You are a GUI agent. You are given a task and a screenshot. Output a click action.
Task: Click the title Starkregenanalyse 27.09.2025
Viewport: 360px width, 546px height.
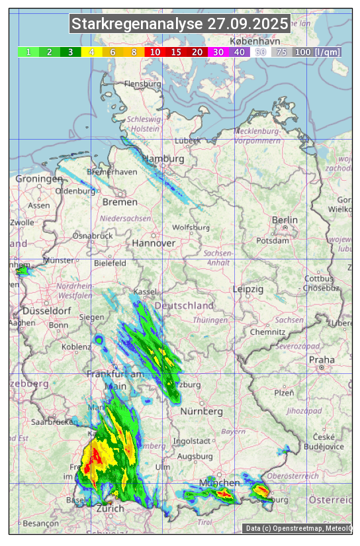click(180, 24)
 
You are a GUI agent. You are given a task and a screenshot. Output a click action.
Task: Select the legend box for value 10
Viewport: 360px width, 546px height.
click(155, 52)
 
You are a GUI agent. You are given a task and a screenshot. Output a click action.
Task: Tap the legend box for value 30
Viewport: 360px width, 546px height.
click(218, 52)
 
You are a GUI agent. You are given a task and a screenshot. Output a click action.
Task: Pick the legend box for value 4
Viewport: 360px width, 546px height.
click(92, 52)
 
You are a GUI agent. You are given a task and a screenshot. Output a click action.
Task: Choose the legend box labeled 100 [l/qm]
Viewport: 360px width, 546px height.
click(317, 52)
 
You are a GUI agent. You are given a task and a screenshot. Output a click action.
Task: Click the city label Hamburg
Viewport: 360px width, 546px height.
click(163, 159)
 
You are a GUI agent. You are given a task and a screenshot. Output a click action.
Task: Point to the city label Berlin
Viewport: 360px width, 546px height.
click(285, 220)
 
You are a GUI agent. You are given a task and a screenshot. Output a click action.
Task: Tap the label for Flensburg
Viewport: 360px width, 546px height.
click(142, 84)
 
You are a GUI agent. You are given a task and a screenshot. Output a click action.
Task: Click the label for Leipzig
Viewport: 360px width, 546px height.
click(248, 289)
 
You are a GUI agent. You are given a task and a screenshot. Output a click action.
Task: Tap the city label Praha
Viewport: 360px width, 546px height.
click(322, 360)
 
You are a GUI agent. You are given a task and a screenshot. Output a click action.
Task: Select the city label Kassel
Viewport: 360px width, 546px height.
click(144, 292)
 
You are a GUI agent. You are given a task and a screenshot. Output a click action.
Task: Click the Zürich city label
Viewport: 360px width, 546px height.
click(110, 508)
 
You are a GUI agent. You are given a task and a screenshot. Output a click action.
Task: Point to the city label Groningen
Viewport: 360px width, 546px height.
click(39, 179)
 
